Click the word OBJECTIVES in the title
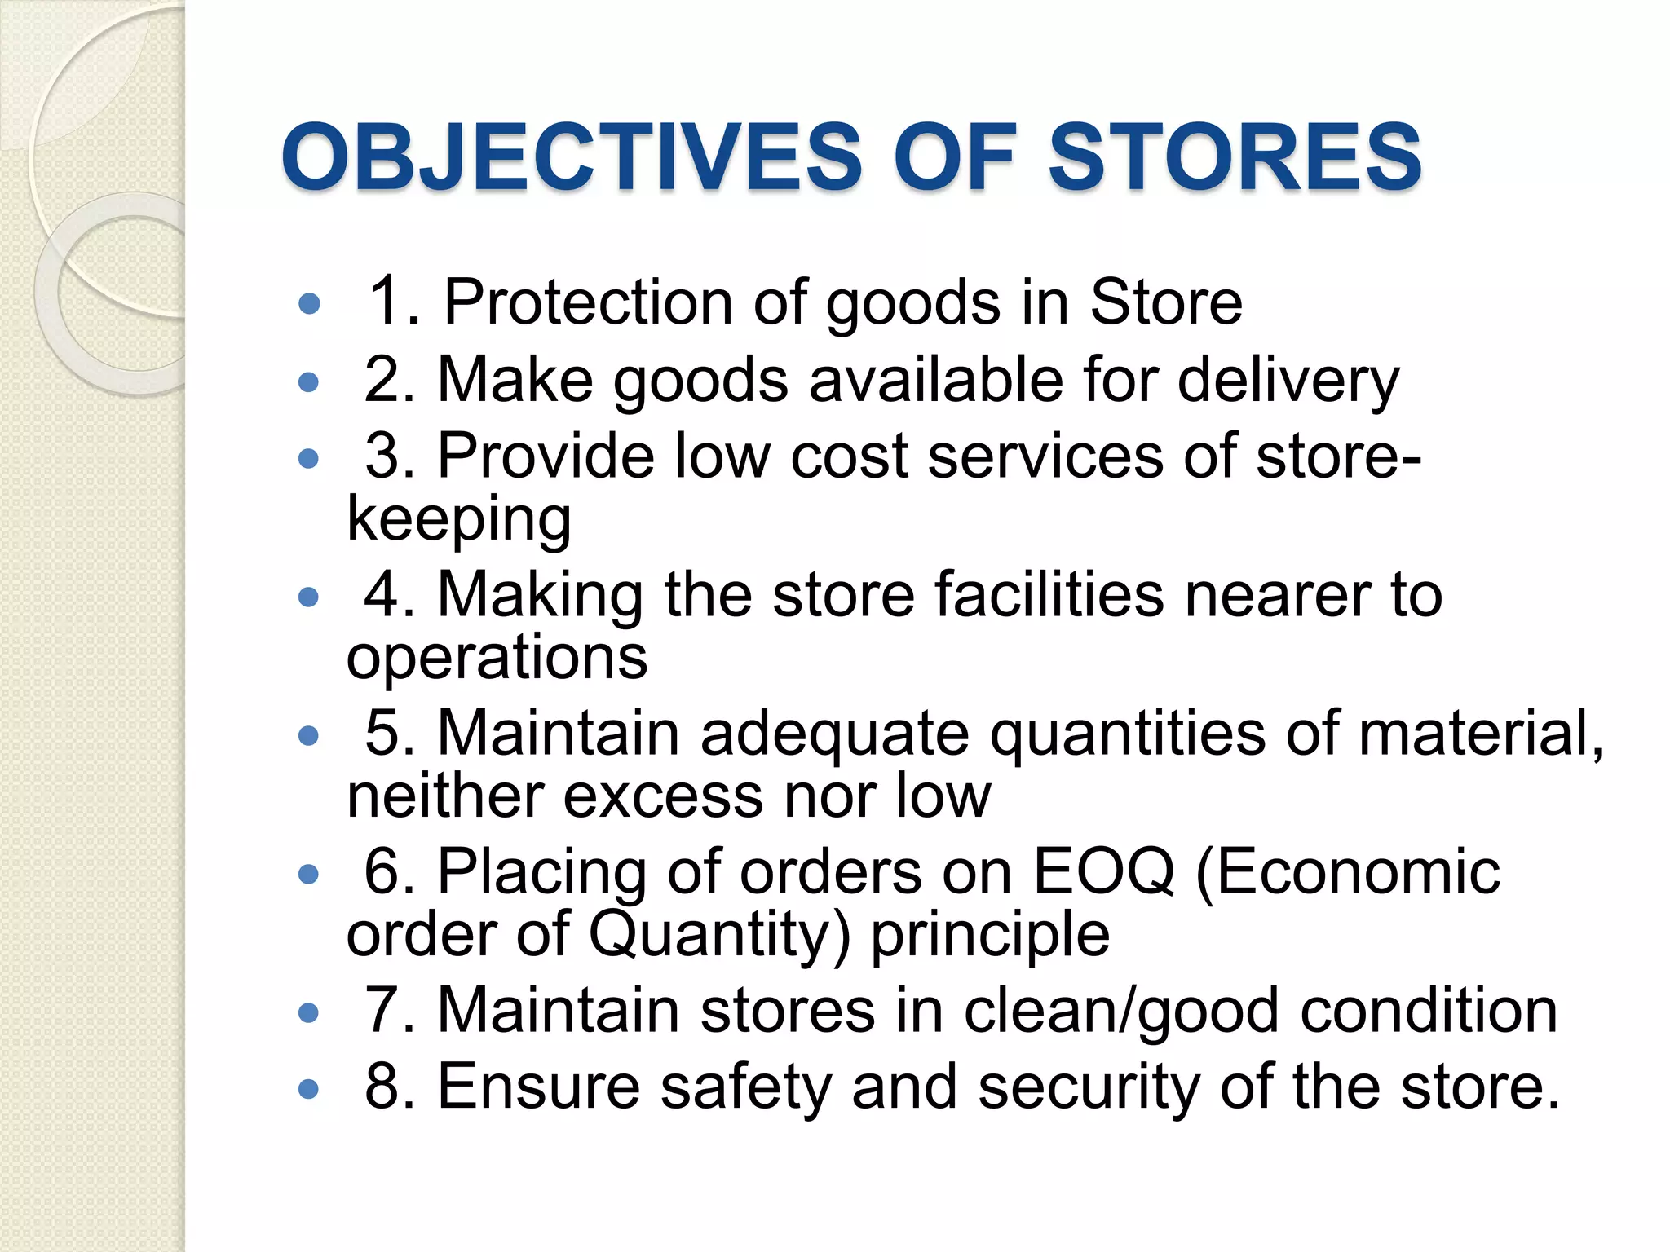click(x=572, y=156)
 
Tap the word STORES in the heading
click(x=1235, y=156)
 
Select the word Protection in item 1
click(x=588, y=302)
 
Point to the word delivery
click(x=1288, y=381)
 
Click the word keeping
click(x=459, y=519)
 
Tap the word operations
click(x=497, y=657)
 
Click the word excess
click(x=663, y=796)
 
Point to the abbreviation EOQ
click(x=1103, y=871)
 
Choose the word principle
click(x=990, y=934)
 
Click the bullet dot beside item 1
click(x=309, y=305)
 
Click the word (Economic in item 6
click(x=1347, y=871)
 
